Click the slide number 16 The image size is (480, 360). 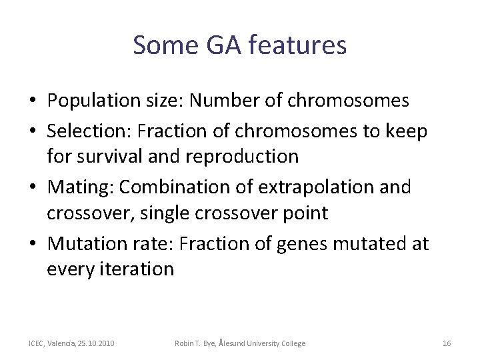(447, 343)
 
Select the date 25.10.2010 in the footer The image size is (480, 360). (95, 343)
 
